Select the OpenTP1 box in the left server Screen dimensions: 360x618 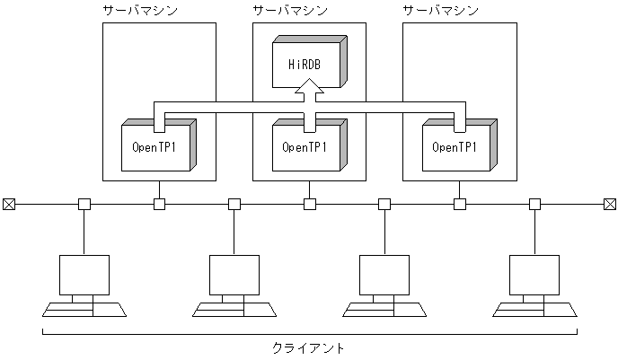[154, 145]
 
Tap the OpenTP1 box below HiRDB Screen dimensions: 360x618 [305, 145]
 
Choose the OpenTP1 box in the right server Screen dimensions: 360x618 [455, 145]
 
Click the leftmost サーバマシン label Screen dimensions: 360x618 [141, 10]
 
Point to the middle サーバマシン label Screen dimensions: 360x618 [290, 10]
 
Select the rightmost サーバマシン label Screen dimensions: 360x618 [441, 10]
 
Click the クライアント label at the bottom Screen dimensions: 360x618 [308, 347]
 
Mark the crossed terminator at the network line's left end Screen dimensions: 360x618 [9, 205]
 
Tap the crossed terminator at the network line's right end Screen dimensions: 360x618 [609, 205]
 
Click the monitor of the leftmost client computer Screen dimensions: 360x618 [84, 275]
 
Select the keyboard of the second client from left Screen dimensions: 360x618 [234, 311]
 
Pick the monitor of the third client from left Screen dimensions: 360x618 [384, 275]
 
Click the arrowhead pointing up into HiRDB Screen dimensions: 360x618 [309, 88]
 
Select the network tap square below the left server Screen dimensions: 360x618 [159, 205]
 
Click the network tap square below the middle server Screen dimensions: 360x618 [309, 205]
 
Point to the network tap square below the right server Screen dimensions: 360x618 [459, 205]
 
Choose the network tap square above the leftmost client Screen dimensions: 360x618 [84, 205]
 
